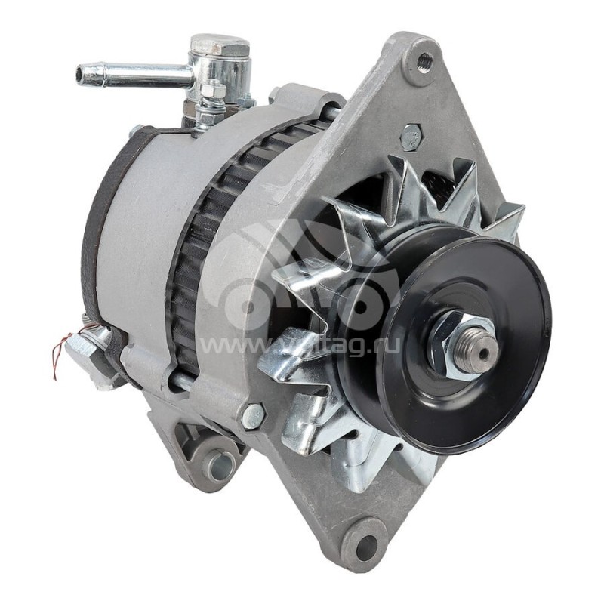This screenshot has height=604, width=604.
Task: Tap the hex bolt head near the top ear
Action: tap(411, 137)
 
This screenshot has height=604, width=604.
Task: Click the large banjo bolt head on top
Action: tap(220, 46)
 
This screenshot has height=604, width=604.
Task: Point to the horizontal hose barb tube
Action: tap(136, 74)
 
